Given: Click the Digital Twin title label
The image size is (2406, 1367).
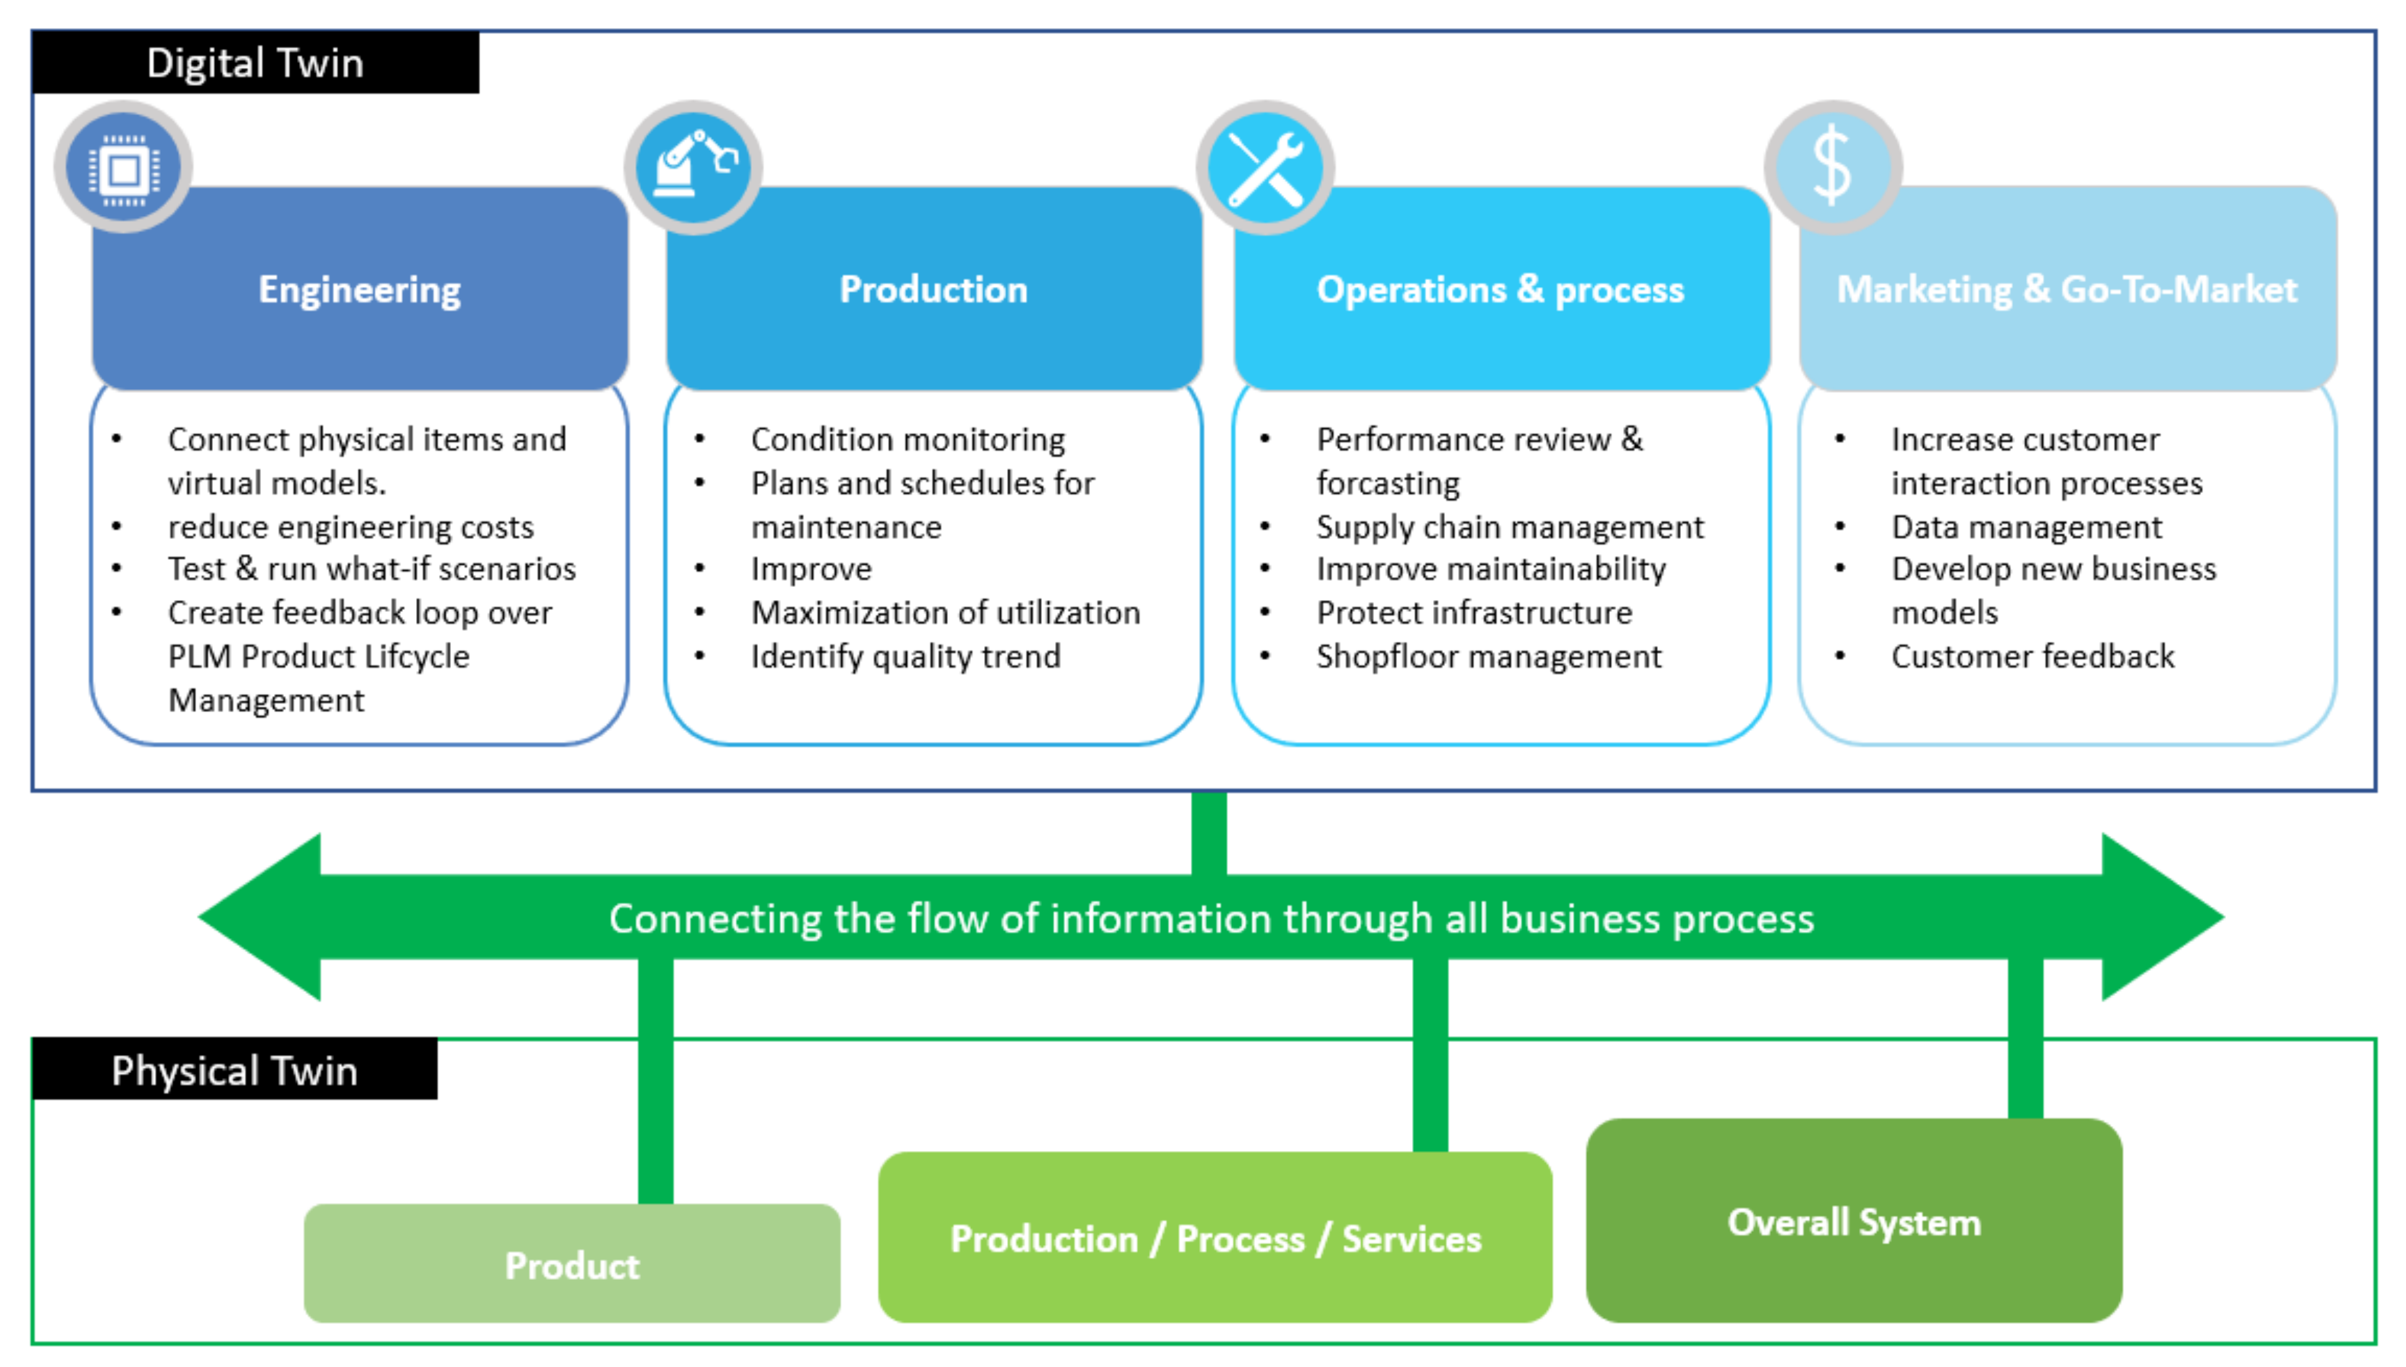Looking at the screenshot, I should click(x=255, y=63).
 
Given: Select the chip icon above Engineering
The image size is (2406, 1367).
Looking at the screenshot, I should click(x=123, y=169).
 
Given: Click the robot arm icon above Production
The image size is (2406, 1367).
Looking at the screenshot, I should click(x=694, y=167).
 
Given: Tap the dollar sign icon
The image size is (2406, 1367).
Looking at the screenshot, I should click(x=1832, y=167).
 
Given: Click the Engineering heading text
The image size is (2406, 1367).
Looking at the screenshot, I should click(x=359, y=289).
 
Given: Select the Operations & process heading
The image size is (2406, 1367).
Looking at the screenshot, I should click(x=1500, y=289).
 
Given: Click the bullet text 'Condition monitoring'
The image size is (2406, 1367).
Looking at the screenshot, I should click(x=907, y=439).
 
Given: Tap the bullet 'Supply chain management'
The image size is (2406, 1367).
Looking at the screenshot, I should click(x=1509, y=527).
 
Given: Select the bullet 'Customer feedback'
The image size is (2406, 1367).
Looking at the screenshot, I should click(x=2032, y=656).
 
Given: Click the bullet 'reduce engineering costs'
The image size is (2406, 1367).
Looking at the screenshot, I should click(x=350, y=527).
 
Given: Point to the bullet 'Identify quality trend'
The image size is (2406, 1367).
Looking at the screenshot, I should click(x=906, y=656).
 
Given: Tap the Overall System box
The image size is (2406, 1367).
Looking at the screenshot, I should click(x=1854, y=1221).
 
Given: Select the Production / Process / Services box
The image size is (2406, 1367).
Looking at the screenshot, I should click(x=1215, y=1238).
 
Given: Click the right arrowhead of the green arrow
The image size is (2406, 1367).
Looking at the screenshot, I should click(x=2160, y=918).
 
